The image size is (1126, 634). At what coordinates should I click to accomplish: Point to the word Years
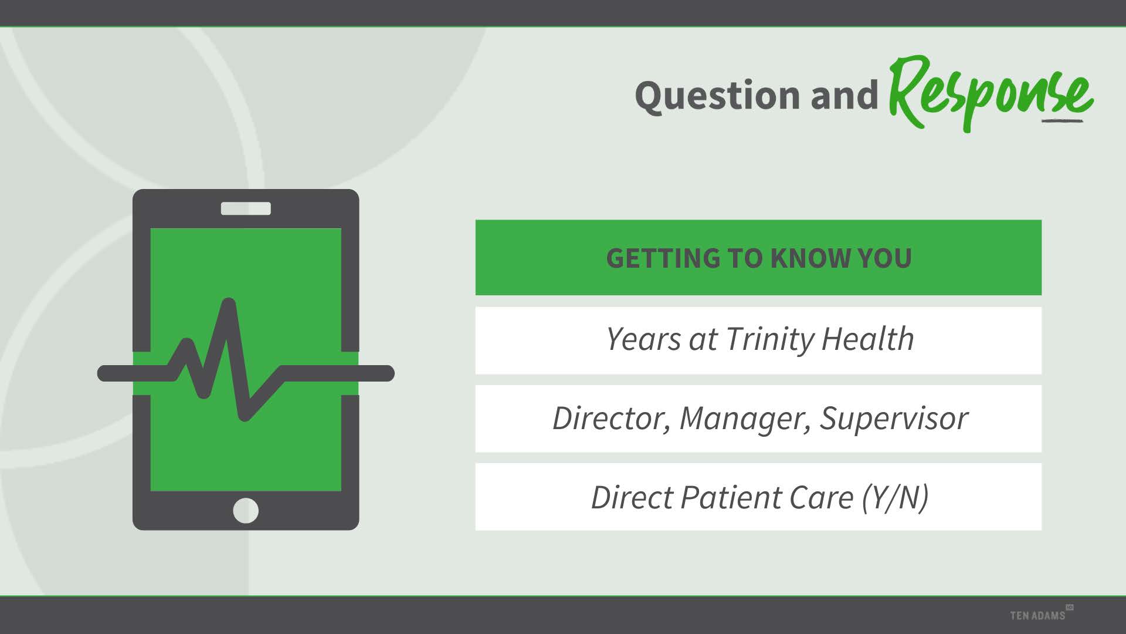(x=644, y=339)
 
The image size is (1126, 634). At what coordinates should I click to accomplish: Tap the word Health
(x=867, y=339)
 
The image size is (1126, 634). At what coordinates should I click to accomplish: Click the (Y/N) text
(x=896, y=498)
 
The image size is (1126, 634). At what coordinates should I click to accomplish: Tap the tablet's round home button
(x=246, y=510)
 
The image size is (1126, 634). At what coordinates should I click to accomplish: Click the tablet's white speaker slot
(x=246, y=208)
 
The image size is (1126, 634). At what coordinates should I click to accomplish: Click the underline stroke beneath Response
(x=1062, y=122)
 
